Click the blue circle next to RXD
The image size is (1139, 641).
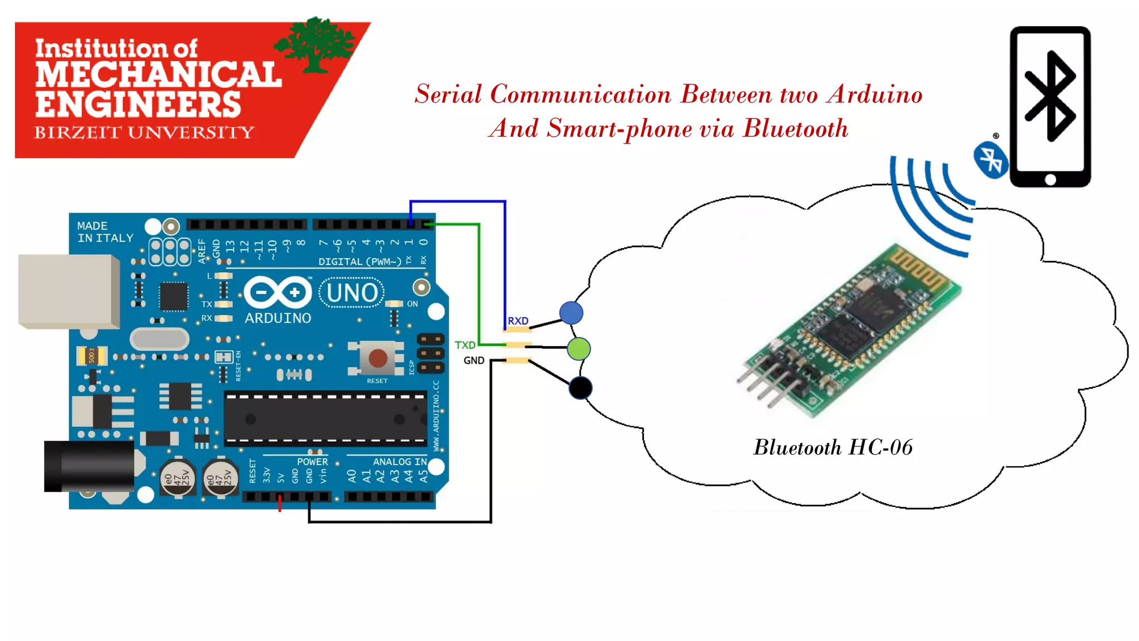click(571, 313)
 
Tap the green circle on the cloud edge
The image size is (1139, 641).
click(579, 349)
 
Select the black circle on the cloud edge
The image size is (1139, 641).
click(581, 388)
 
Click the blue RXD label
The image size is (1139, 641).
click(518, 321)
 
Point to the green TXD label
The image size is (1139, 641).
click(465, 345)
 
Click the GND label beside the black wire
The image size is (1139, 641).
click(474, 361)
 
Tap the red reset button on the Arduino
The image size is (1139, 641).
click(378, 358)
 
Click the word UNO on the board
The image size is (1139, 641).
click(352, 293)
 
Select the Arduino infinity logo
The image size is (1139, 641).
click(278, 292)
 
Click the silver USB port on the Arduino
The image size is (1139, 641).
click(68, 291)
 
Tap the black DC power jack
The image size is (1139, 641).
click(89, 466)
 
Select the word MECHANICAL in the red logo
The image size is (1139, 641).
click(159, 75)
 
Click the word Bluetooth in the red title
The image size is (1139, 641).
click(796, 129)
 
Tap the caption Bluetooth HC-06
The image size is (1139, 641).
click(833, 447)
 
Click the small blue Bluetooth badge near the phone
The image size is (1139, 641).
click(991, 160)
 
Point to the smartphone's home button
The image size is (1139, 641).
click(1050, 179)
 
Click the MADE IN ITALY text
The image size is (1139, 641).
click(105, 232)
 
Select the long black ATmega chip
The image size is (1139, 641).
click(325, 418)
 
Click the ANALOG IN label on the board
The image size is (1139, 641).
click(399, 462)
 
